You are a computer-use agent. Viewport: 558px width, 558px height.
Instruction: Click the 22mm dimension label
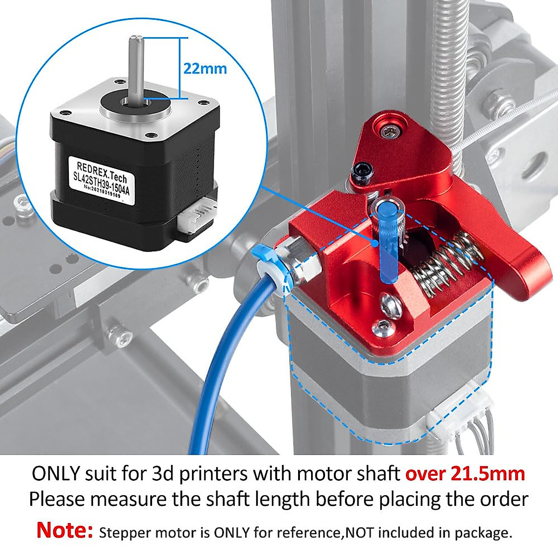coord(205,69)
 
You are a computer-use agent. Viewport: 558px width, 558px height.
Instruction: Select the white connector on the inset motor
coord(196,218)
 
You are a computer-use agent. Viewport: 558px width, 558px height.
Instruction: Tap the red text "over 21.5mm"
coord(465,474)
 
